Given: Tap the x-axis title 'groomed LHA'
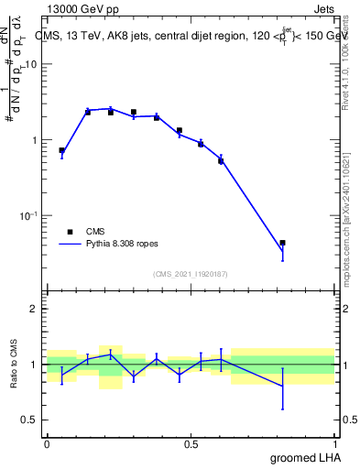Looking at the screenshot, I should [x=304, y=457].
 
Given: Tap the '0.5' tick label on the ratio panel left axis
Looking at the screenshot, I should [x=30, y=420].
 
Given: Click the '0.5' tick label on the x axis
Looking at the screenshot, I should [x=191, y=444].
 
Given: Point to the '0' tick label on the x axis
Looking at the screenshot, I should [x=47, y=444].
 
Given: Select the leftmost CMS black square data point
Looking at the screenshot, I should [x=61, y=150].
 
